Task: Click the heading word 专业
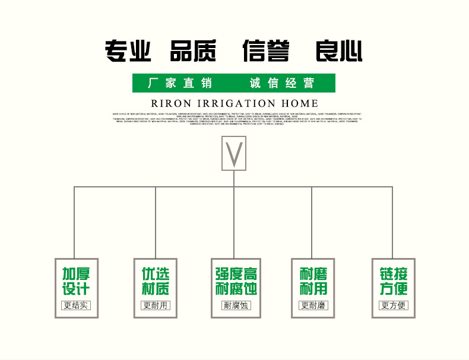click(x=128, y=51)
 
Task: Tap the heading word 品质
click(x=193, y=51)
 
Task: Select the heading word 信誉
click(x=265, y=51)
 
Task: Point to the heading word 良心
click(x=338, y=51)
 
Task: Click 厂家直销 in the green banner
click(x=179, y=83)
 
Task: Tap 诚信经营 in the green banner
click(x=281, y=83)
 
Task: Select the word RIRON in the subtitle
click(x=170, y=103)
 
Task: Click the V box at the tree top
click(x=234, y=154)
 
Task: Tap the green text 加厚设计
click(x=76, y=282)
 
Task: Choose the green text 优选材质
click(x=155, y=282)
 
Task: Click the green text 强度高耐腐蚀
click(x=236, y=282)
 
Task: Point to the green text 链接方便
click(x=394, y=282)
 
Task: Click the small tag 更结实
click(x=76, y=306)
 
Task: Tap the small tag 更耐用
click(x=155, y=306)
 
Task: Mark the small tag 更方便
click(x=394, y=306)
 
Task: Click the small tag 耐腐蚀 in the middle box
click(x=236, y=306)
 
